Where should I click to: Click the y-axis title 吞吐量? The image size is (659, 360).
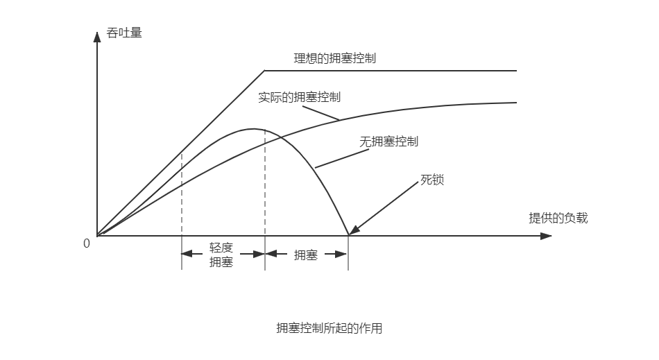125,32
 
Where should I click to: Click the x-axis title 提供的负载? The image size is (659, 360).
558,218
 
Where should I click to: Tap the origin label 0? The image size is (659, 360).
87,243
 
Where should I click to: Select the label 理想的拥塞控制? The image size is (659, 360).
335,58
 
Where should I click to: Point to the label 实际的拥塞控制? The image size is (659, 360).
299,97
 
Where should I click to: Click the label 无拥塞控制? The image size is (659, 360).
388,142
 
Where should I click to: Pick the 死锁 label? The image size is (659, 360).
432,180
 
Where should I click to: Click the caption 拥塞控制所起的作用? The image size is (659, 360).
329,328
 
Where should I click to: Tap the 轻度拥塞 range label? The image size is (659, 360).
221,255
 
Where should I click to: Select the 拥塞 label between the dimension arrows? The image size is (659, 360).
306,255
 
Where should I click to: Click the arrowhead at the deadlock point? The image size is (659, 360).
353,231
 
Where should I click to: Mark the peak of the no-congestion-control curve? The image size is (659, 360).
253,129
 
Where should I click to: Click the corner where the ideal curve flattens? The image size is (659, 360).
265,70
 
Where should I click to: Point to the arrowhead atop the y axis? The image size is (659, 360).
98,34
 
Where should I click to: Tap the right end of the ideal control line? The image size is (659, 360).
516,70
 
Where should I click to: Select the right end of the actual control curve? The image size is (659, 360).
516,103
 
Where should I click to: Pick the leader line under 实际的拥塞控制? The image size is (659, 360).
320,112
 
